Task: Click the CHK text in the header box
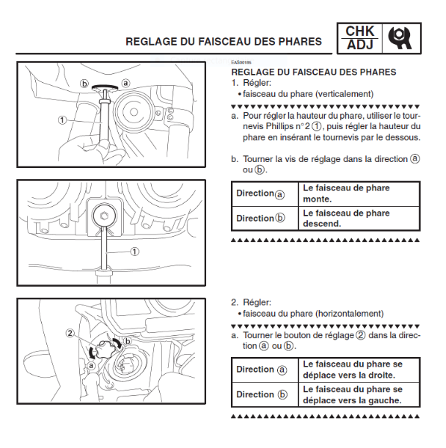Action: coord(359,31)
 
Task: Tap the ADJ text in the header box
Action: coord(360,45)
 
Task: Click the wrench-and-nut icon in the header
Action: coord(400,38)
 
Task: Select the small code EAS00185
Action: coord(241,62)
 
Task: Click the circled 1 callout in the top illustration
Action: coord(62,120)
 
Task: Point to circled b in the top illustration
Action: coord(84,84)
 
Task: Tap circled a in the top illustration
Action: coord(126,83)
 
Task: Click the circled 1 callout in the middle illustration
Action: coord(134,252)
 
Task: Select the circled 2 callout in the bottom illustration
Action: coord(70,333)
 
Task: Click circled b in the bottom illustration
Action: coord(128,341)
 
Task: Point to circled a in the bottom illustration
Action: coord(91,365)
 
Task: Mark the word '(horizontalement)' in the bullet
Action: coord(349,314)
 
